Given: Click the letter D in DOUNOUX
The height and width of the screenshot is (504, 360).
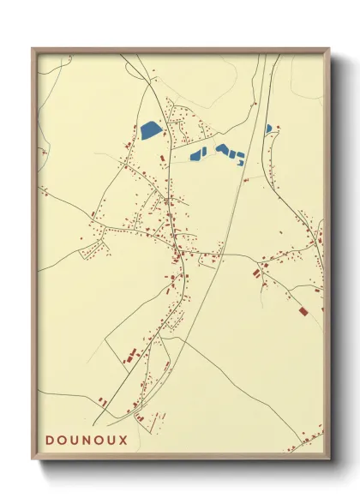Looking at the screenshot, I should click(x=51, y=440).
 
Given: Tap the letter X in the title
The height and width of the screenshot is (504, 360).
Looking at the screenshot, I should click(x=123, y=440).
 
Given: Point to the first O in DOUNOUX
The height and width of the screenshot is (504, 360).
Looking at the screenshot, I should click(x=63, y=440).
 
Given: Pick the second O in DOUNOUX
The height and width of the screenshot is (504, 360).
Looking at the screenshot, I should click(x=99, y=440).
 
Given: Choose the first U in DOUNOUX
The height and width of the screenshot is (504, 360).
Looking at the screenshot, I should click(x=75, y=440).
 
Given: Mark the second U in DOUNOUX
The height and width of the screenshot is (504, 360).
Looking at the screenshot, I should click(x=111, y=440).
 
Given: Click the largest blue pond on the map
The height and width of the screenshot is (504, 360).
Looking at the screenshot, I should click(x=152, y=130).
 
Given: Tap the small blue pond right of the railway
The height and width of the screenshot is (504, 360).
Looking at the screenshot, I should click(x=268, y=129).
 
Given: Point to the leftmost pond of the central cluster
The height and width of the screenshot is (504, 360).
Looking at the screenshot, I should click(x=197, y=155).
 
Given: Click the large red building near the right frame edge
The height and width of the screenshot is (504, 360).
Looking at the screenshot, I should click(x=302, y=312).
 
